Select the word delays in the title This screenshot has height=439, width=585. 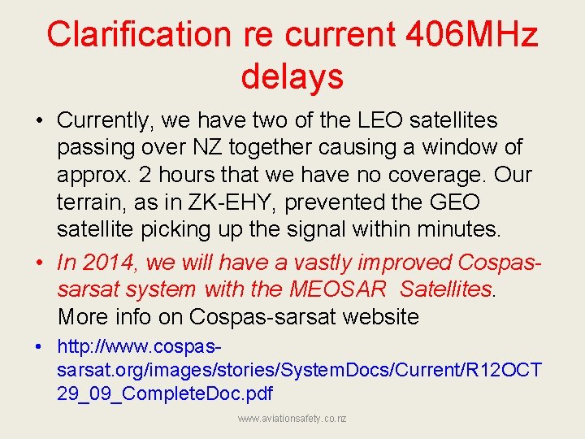[292, 77]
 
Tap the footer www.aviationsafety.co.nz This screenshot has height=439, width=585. [292, 419]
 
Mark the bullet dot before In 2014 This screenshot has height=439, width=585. [39, 262]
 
